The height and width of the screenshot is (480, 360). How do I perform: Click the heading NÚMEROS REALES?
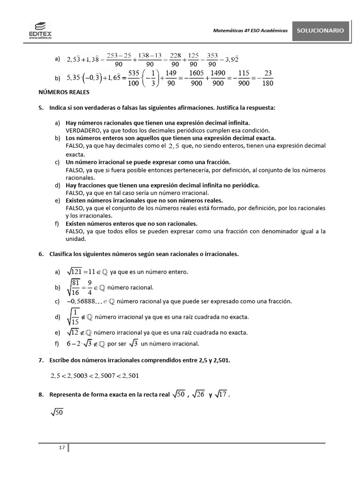point(64,93)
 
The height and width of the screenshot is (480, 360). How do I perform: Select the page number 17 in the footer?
point(61,448)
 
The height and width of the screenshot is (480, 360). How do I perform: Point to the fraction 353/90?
point(212,60)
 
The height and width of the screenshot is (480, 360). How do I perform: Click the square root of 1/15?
point(74,317)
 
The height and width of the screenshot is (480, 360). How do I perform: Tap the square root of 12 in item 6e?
point(73,332)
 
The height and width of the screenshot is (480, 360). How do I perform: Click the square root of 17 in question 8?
point(222,395)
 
